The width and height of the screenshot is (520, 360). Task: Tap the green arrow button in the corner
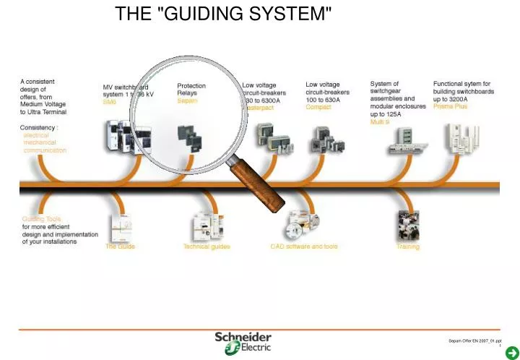[x=510, y=351]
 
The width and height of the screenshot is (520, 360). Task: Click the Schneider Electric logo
[x=243, y=343]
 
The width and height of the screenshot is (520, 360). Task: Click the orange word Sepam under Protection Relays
[x=187, y=101]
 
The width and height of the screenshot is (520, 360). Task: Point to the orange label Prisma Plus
[x=450, y=107]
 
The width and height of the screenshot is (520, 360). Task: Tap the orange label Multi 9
[x=380, y=122]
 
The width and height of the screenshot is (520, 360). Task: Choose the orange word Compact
[x=318, y=107]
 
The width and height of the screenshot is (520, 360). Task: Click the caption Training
[x=407, y=247]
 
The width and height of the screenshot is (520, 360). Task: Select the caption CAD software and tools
[x=303, y=247]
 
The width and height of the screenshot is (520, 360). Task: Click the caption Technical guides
[x=207, y=247]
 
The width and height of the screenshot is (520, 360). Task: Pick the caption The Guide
[x=120, y=247]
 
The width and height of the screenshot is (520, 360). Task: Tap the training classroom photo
[x=407, y=225]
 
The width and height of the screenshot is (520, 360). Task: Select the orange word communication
[x=45, y=150]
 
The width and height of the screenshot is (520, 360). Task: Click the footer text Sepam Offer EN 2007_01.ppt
[x=474, y=340]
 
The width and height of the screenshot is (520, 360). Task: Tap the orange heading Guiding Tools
[x=42, y=218]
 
